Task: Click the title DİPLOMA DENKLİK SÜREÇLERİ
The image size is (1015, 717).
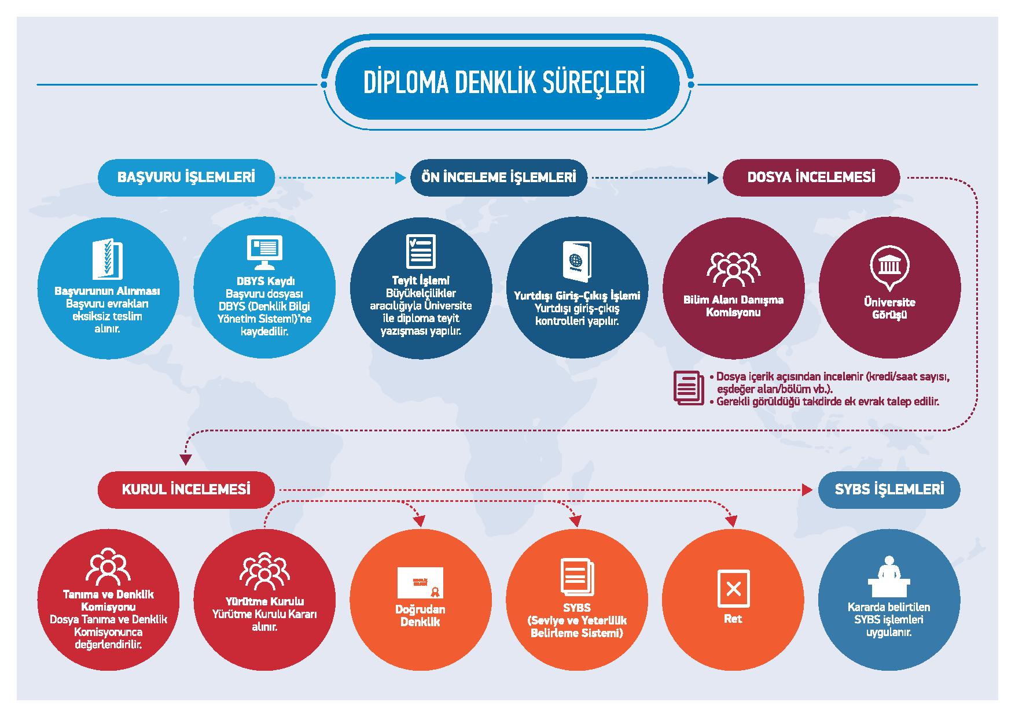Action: [x=503, y=83]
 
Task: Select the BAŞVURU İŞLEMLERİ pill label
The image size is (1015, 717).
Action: [x=186, y=177]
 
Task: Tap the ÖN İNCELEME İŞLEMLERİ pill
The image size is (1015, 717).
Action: [x=499, y=177]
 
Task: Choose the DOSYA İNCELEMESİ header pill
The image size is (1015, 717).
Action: [x=811, y=177]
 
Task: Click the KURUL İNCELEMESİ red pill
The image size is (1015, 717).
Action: [x=186, y=489]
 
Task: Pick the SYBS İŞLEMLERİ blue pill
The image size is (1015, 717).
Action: [x=889, y=489]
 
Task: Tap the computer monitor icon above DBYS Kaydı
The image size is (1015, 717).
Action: [x=264, y=252]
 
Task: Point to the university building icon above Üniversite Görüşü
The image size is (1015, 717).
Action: [x=889, y=267]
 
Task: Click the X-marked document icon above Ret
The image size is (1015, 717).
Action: [x=733, y=589]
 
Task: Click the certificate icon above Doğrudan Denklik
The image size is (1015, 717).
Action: [x=420, y=582]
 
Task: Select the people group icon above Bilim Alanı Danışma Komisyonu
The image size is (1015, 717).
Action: [x=733, y=268]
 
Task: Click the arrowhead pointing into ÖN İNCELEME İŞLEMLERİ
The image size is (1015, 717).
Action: [x=400, y=178]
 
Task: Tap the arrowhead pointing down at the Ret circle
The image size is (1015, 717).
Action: [x=733, y=521]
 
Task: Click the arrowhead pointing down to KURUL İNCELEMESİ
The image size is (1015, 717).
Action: [x=185, y=460]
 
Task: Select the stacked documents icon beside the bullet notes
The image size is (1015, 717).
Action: [x=688, y=387]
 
